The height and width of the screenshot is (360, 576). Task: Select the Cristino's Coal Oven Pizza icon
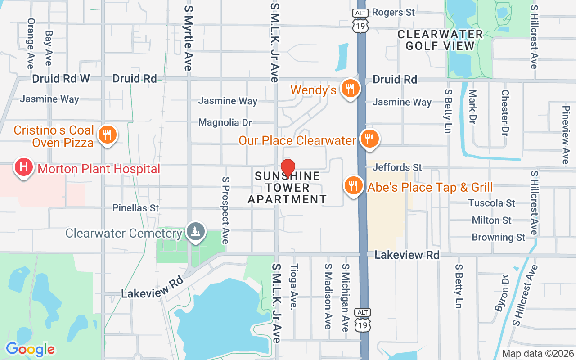click(x=107, y=135)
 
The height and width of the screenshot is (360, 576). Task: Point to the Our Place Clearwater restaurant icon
click(x=369, y=139)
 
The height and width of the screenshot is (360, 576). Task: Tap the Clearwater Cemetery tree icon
click(x=195, y=232)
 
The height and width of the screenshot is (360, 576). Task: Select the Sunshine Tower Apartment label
click(x=288, y=188)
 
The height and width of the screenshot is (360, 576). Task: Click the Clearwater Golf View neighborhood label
click(x=440, y=40)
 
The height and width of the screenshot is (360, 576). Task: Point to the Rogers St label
click(x=393, y=12)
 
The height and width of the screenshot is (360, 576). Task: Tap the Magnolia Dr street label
click(x=225, y=122)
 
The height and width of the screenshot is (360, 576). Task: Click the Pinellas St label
click(x=136, y=208)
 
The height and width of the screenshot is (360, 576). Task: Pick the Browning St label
click(x=499, y=237)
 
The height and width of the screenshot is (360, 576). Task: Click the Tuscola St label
click(x=492, y=203)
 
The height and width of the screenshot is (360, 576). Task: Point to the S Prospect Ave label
click(x=225, y=210)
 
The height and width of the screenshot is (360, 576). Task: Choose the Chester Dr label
click(x=505, y=113)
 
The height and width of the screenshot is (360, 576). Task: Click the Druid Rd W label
click(x=61, y=79)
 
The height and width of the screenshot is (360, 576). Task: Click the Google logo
click(x=30, y=349)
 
